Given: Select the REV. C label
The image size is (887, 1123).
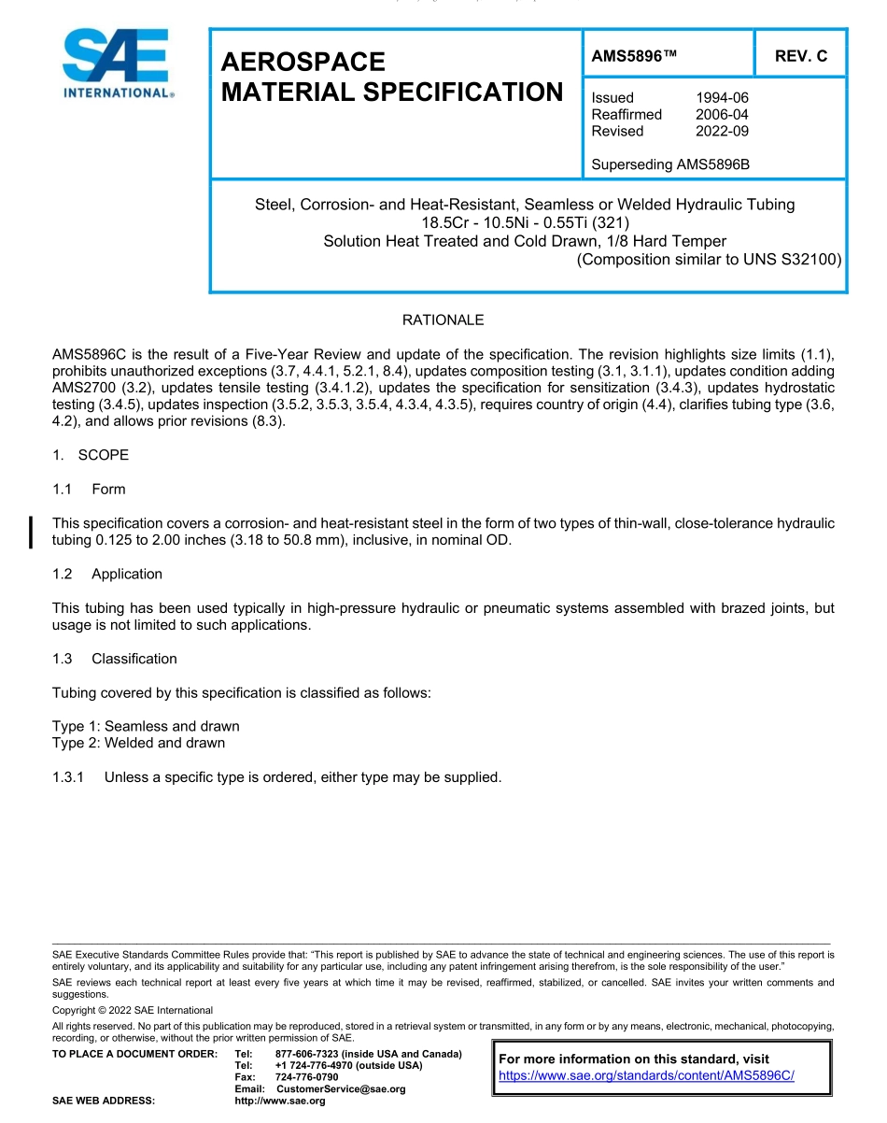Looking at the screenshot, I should click(800, 56).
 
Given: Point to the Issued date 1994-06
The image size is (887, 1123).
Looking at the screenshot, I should click(722, 97).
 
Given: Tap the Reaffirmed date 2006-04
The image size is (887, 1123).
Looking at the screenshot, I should click(722, 114).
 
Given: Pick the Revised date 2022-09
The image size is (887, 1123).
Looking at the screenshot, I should click(722, 131).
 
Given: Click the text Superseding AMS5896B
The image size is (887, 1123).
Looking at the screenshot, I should click(670, 164).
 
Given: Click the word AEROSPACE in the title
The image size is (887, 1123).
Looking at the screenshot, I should click(303, 62).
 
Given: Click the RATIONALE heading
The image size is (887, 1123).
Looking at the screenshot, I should click(443, 320).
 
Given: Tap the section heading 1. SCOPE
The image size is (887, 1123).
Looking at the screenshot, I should click(91, 455).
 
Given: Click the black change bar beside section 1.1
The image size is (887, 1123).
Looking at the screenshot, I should click(32, 531).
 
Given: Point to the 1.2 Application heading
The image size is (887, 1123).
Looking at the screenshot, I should click(108, 574).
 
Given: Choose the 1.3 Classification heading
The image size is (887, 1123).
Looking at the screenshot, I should click(115, 659).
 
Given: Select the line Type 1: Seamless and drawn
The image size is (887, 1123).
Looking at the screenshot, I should click(146, 726).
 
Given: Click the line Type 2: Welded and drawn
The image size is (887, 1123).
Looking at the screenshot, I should click(138, 743).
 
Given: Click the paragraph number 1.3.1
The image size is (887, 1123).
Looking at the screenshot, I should click(68, 776).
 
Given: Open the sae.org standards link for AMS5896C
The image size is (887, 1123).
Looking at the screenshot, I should click(646, 1075).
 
